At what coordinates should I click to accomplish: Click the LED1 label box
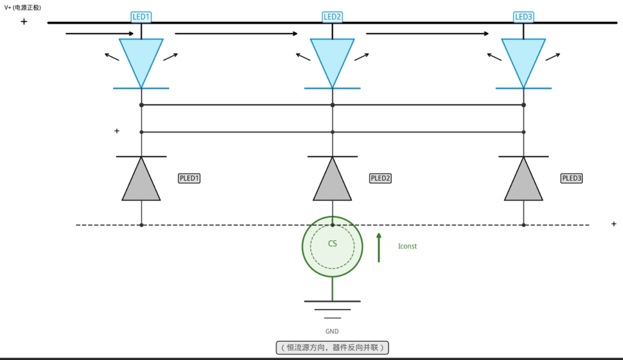(x=141, y=16)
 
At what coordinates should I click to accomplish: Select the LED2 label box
(x=332, y=16)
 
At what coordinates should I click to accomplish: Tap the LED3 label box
(x=523, y=16)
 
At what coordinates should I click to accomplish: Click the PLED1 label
(x=189, y=178)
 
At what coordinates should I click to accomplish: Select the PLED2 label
(x=380, y=178)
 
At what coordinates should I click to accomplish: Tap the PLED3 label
(x=571, y=178)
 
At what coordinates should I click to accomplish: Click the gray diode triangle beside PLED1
(x=141, y=183)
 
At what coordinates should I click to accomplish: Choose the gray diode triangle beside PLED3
(x=523, y=183)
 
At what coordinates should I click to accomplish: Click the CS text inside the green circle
(x=332, y=244)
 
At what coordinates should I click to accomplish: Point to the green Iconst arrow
(x=378, y=247)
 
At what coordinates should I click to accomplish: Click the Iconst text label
(x=407, y=246)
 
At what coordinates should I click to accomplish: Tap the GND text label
(x=332, y=331)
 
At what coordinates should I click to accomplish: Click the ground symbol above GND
(x=332, y=310)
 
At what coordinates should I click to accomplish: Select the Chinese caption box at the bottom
(x=332, y=348)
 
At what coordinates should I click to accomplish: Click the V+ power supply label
(x=23, y=7)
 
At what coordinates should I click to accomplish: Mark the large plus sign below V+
(x=24, y=21)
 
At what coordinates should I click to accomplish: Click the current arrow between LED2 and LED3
(x=427, y=34)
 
